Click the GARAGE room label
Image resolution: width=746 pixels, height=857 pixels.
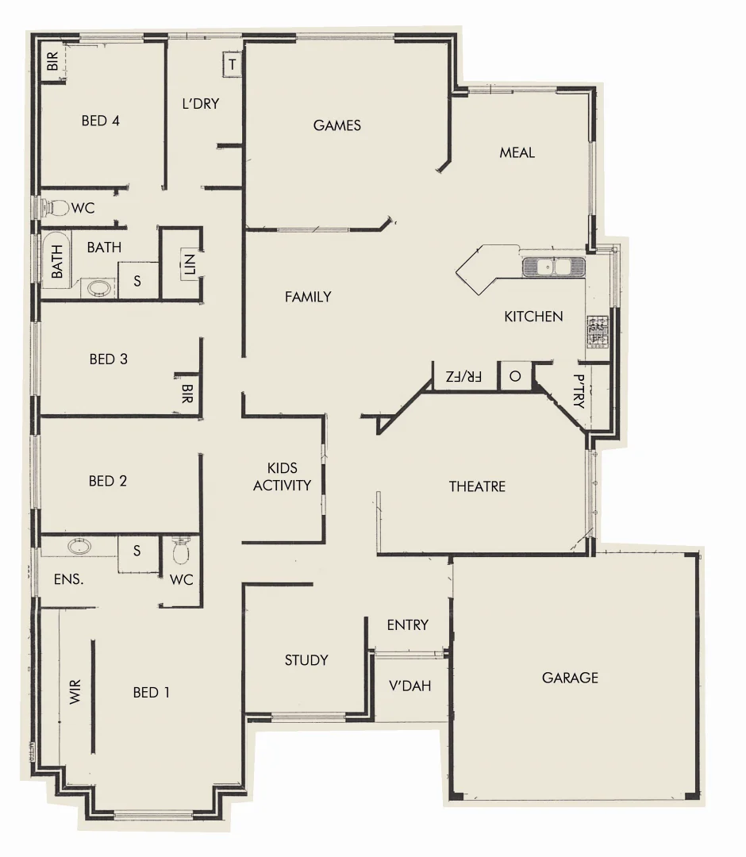(570, 678)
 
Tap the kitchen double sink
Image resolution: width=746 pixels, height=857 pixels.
(553, 267)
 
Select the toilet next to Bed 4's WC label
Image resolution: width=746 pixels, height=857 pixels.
(56, 208)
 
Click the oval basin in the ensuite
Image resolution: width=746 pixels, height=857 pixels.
(79, 546)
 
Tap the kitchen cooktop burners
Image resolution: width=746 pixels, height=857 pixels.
(597, 332)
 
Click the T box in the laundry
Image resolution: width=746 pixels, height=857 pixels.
(232, 64)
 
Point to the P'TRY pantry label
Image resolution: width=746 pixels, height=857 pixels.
(578, 392)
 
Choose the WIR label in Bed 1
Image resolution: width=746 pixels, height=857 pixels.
(76, 692)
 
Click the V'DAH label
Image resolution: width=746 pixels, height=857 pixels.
(410, 685)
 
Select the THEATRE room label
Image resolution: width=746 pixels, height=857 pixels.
(477, 486)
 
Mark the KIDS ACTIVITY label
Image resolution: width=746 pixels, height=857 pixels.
(282, 477)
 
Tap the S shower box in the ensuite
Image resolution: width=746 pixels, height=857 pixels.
(137, 551)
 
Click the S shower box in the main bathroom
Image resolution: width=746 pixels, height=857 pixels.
(137, 281)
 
